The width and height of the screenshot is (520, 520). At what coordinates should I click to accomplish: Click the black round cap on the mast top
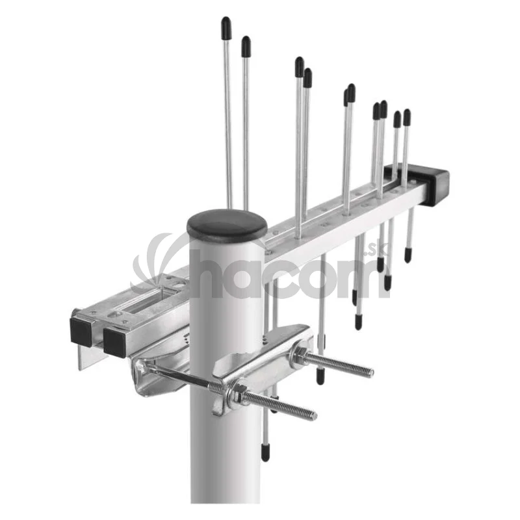(227, 226)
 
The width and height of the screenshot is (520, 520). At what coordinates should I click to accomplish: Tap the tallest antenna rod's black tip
(226, 28)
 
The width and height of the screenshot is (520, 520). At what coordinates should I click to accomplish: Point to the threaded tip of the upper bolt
(371, 370)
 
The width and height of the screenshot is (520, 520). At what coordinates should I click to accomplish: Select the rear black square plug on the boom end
(81, 330)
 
